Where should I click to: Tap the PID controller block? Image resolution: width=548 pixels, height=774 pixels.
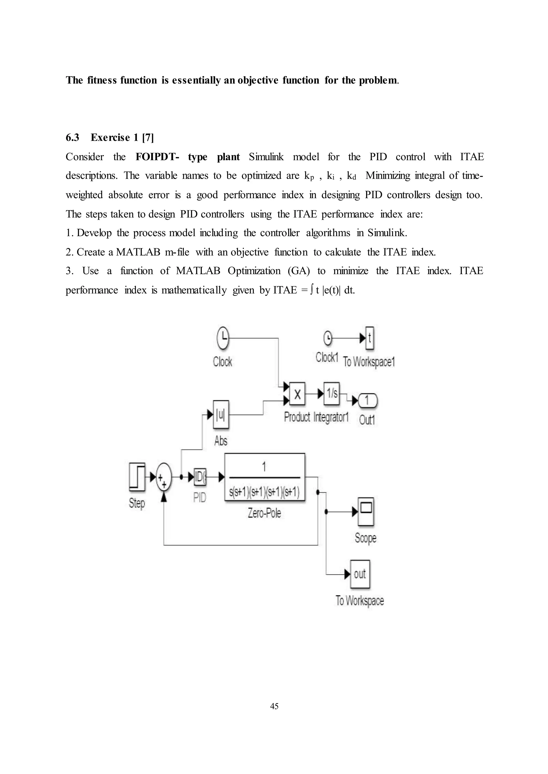click(200, 477)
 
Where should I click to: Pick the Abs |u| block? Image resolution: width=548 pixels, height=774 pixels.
click(221, 415)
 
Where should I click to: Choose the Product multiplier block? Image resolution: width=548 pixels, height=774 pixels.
click(297, 393)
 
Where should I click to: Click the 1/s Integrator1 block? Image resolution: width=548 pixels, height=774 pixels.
click(332, 393)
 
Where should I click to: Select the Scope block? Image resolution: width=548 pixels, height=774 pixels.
click(366, 512)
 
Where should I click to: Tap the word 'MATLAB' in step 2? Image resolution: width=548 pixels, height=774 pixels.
click(138, 252)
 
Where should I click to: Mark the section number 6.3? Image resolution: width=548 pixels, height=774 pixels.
click(72, 137)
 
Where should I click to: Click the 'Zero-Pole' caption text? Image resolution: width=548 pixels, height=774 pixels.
click(264, 513)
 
